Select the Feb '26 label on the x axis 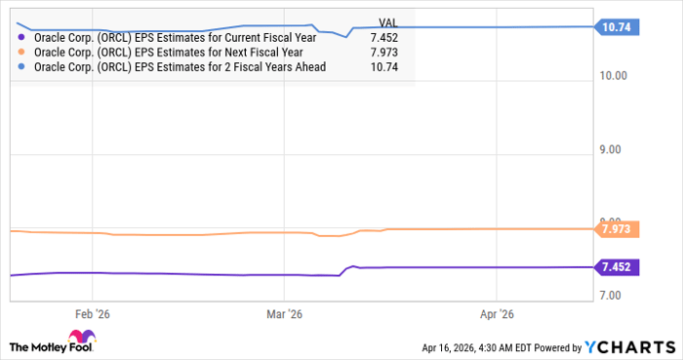93,314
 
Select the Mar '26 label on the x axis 284,314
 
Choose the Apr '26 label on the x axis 498,314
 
